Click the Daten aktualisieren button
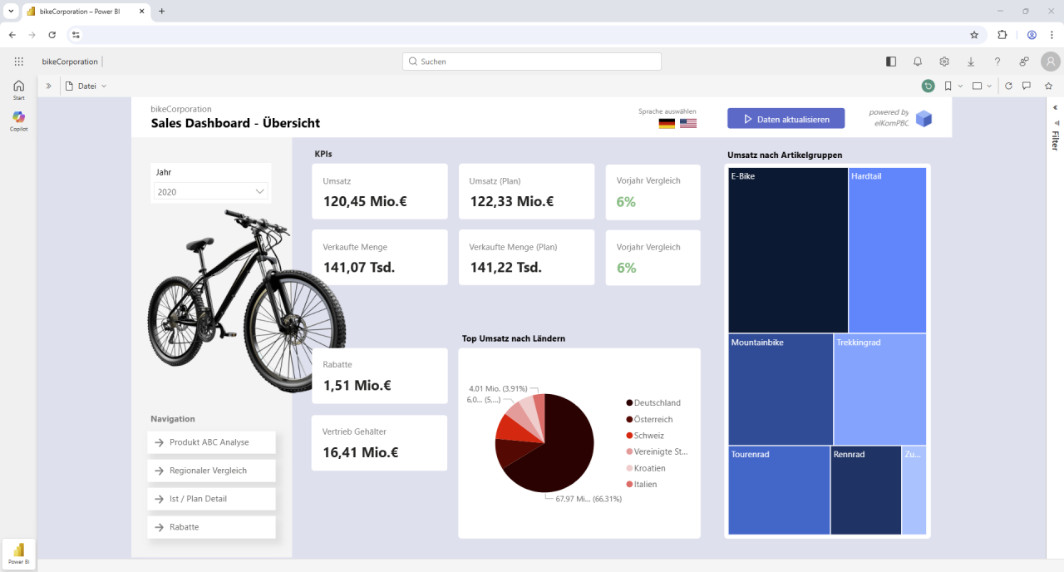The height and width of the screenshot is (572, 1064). click(x=786, y=119)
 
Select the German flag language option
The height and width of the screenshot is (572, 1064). click(x=667, y=123)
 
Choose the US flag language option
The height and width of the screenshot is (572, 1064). click(x=688, y=123)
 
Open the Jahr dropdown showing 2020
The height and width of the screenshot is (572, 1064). click(x=211, y=191)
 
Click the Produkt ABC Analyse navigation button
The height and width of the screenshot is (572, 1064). click(x=211, y=442)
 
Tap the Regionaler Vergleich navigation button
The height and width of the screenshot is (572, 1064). click(x=211, y=471)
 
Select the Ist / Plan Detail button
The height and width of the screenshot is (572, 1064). click(x=211, y=499)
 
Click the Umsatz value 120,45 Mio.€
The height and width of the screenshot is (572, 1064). click(x=365, y=201)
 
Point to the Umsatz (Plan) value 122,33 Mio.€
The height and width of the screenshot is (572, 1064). click(x=511, y=201)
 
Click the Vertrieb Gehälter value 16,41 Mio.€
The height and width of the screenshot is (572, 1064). click(x=361, y=452)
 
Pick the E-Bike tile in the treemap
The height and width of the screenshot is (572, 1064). click(x=788, y=249)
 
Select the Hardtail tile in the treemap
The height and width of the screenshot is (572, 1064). click(x=887, y=249)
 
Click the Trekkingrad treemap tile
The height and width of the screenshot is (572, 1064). click(x=879, y=389)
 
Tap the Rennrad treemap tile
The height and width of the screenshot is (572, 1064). click(x=865, y=491)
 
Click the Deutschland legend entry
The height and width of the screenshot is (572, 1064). click(x=657, y=403)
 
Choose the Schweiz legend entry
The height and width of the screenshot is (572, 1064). click(x=649, y=436)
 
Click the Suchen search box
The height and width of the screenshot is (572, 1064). click(x=532, y=62)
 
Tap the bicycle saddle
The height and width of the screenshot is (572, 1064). click(x=199, y=245)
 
